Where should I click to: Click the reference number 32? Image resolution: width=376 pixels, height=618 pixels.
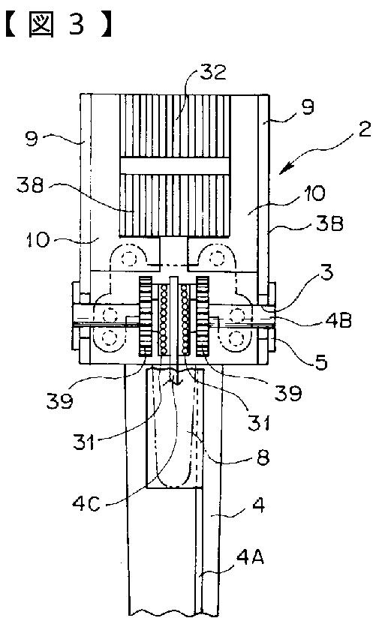pos(212,72)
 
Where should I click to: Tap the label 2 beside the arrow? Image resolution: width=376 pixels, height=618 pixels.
pos(365,130)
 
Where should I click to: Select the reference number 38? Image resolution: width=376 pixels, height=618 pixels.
pos(30,184)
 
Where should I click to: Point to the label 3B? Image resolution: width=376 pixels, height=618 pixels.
pos(329,223)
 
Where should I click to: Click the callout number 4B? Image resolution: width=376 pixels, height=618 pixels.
pos(338,320)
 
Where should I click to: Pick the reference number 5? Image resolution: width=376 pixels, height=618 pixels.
pos(321,361)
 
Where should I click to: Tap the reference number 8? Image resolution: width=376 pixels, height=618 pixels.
pos(263,457)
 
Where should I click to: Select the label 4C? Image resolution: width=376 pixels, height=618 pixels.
pos(86,504)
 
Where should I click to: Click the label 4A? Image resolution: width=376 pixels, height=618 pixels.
pos(250,558)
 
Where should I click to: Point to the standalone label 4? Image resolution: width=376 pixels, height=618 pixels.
pos(258,505)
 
